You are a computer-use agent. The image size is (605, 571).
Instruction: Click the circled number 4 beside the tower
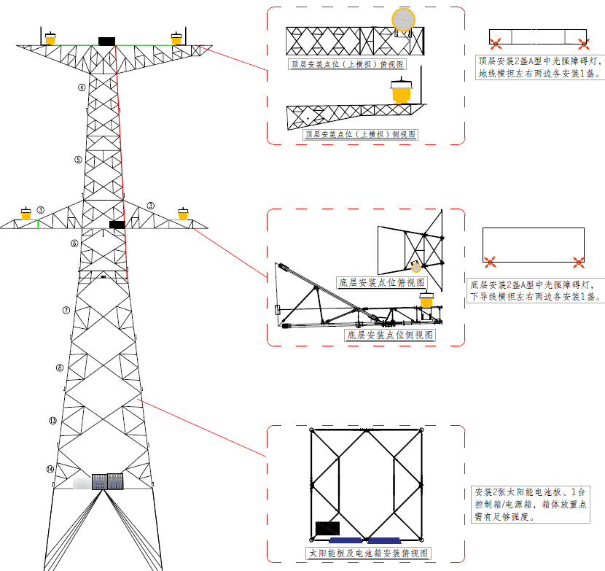pyautogui.click(x=82, y=88)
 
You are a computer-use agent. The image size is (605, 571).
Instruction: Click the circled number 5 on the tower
pyautogui.click(x=78, y=159)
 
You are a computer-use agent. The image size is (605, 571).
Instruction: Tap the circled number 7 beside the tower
pyautogui.click(x=66, y=310)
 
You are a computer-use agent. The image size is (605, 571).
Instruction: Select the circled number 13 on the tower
pyautogui.click(x=52, y=421)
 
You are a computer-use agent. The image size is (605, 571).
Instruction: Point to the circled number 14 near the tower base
pyautogui.click(x=50, y=469)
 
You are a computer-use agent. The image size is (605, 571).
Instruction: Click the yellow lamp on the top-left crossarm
pyautogui.click(x=50, y=38)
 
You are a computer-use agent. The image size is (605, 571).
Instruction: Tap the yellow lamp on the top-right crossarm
pyautogui.click(x=176, y=37)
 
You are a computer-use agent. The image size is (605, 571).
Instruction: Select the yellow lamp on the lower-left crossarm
pyautogui.click(x=26, y=214)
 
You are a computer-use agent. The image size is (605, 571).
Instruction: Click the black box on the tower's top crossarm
pyautogui.click(x=106, y=41)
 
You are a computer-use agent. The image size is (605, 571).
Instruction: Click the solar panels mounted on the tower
pyautogui.click(x=107, y=481)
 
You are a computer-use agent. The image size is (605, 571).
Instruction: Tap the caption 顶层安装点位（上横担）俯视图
pyautogui.click(x=347, y=65)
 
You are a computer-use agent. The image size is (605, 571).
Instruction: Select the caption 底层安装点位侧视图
pyautogui.click(x=390, y=335)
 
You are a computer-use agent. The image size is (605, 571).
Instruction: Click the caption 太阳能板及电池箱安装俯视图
pyautogui.click(x=369, y=553)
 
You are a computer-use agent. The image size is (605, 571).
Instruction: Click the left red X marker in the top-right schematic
pyautogui.click(x=494, y=42)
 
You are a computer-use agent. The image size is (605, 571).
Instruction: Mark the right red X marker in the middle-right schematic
pyautogui.click(x=579, y=260)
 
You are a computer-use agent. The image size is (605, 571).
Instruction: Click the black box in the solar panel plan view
pyautogui.click(x=327, y=528)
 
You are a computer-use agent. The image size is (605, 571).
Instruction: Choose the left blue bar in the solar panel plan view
pyautogui.click(x=346, y=540)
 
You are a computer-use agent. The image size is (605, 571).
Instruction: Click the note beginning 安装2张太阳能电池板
pyautogui.click(x=530, y=504)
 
